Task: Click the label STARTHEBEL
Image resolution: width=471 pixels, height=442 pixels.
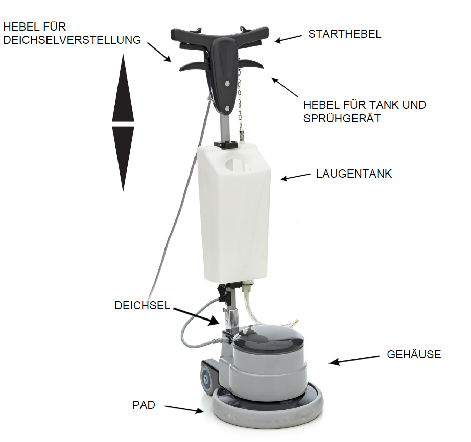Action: [x=344, y=34]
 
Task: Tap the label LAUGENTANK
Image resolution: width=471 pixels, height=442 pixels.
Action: [x=354, y=174]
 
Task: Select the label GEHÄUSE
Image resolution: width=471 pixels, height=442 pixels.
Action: [x=414, y=354]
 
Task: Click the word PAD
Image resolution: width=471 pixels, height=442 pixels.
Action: [x=144, y=405]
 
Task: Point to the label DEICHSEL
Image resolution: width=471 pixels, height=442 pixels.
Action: [x=143, y=305]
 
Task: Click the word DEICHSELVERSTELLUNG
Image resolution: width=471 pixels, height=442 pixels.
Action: [x=72, y=40]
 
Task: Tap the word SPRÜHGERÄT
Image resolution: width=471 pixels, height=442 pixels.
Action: [x=342, y=118]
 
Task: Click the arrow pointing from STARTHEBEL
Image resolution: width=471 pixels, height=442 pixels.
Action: [x=288, y=39]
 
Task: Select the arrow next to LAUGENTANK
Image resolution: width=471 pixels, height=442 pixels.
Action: [x=296, y=177]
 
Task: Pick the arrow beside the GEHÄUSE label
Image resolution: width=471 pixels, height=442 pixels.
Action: [x=354, y=360]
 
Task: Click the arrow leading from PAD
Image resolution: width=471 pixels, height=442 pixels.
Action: [x=184, y=409]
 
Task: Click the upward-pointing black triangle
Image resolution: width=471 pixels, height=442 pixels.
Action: [x=123, y=88]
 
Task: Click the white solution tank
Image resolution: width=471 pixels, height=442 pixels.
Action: [x=234, y=213]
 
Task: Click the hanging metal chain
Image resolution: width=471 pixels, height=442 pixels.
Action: [x=240, y=104]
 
